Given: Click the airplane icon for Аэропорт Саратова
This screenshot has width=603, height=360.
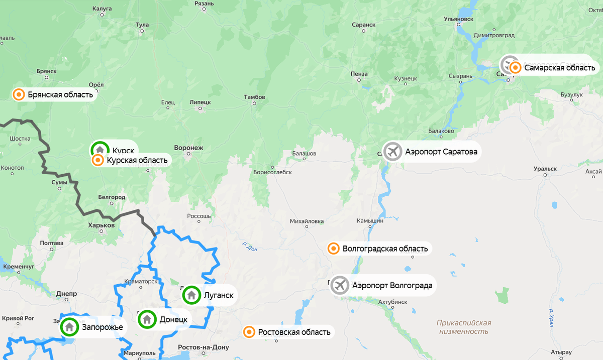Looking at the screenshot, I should click(392, 151).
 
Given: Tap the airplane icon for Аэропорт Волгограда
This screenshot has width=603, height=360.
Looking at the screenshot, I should click(340, 285).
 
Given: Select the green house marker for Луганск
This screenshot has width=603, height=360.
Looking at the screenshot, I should click(191, 295).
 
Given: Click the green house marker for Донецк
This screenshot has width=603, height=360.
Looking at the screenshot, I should click(147, 319).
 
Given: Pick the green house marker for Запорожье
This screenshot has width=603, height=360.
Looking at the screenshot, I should click(69, 327).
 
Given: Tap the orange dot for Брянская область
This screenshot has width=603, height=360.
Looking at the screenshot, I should click(19, 94).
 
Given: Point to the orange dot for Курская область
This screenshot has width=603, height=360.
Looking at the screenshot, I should click(98, 161).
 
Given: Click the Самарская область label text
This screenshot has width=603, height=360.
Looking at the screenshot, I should click(559, 68).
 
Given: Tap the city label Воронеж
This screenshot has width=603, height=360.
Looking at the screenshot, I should click(188, 148).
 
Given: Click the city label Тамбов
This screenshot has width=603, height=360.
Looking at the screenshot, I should click(254, 97).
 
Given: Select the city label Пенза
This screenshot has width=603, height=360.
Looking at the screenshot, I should click(359, 74).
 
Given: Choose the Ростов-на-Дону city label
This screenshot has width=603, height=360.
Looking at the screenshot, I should click(204, 347).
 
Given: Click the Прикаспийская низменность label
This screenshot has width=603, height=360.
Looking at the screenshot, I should click(464, 327).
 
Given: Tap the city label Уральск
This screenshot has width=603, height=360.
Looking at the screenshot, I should click(546, 169).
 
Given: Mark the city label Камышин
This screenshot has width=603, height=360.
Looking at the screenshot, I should click(370, 220).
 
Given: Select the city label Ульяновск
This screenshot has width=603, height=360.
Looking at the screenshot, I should click(459, 19).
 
